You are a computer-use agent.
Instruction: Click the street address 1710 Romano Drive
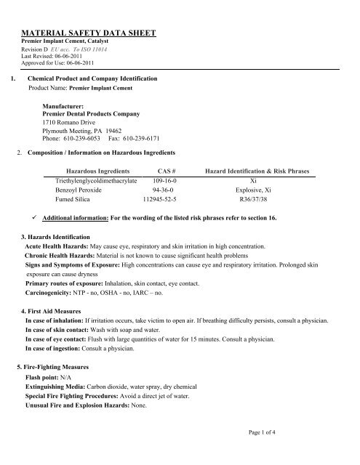74,122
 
